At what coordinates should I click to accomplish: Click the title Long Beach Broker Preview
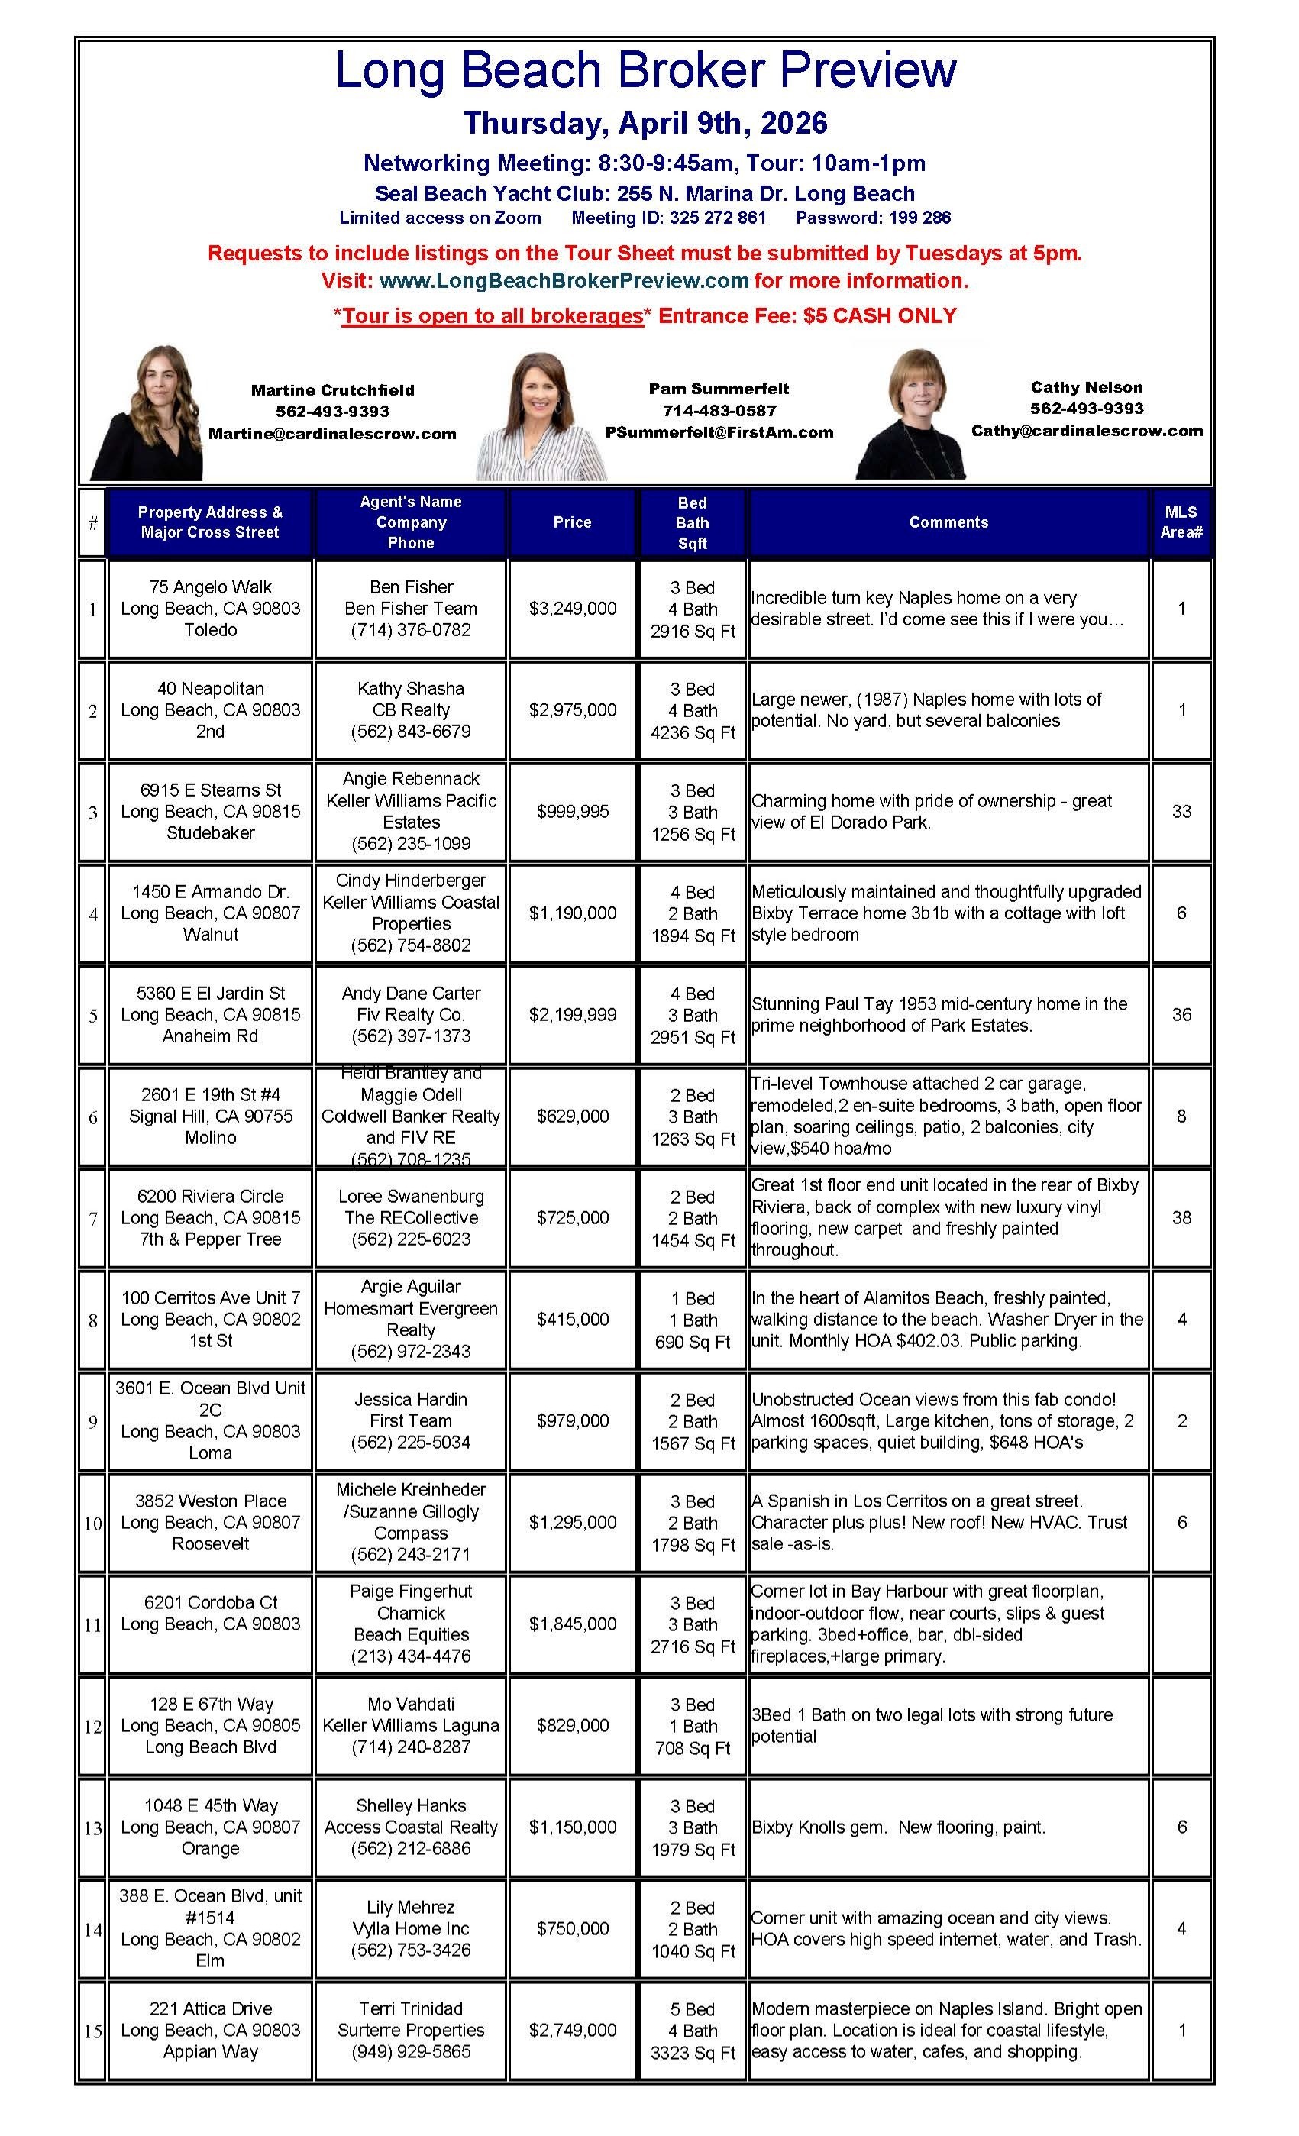pyautogui.click(x=645, y=70)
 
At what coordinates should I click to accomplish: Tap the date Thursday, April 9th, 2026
pyautogui.click(x=645, y=123)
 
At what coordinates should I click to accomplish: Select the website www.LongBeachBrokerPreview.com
pyautogui.click(x=564, y=281)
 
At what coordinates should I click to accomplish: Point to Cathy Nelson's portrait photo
pyautogui.click(x=910, y=415)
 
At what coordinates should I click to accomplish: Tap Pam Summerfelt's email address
pyautogui.click(x=719, y=432)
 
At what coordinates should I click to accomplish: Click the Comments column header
pyautogui.click(x=948, y=522)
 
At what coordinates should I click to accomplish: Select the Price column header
pyautogui.click(x=571, y=522)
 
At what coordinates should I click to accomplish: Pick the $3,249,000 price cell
pyautogui.click(x=572, y=609)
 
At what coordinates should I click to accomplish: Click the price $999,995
pyautogui.click(x=572, y=811)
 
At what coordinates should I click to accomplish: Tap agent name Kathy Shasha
pyautogui.click(x=410, y=688)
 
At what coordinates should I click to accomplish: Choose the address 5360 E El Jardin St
pyautogui.click(x=211, y=994)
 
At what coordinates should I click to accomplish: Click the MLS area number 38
pyautogui.click(x=1181, y=1217)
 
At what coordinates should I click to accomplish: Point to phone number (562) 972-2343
pyautogui.click(x=410, y=1352)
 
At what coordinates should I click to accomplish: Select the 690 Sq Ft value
pyautogui.click(x=693, y=1342)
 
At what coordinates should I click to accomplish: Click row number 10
pyautogui.click(x=93, y=1523)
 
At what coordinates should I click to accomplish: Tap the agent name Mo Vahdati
pyautogui.click(x=410, y=1705)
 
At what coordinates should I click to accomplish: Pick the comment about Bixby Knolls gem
pyautogui.click(x=897, y=1827)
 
